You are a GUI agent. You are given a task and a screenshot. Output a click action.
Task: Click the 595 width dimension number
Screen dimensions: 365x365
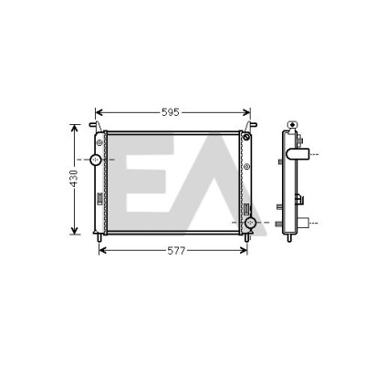[x=171, y=112]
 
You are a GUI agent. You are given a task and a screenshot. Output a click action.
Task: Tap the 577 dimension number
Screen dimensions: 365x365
[x=176, y=251]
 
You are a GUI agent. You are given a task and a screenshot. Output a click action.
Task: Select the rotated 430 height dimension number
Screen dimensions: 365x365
[x=74, y=178]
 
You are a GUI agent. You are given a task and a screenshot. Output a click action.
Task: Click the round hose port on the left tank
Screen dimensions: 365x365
[x=96, y=160]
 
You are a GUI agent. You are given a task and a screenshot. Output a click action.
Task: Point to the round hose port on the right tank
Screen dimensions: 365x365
[x=250, y=223]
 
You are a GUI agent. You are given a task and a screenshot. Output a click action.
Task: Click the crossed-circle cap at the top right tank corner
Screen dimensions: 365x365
[x=246, y=137]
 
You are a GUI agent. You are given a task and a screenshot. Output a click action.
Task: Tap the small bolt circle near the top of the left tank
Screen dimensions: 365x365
[x=99, y=142]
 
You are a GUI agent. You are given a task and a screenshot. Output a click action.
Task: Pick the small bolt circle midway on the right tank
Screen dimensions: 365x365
[x=246, y=166]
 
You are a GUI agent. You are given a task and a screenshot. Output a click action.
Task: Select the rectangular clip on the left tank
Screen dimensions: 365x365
[x=99, y=197]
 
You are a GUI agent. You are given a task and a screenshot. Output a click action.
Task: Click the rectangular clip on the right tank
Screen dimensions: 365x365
[x=247, y=210]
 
